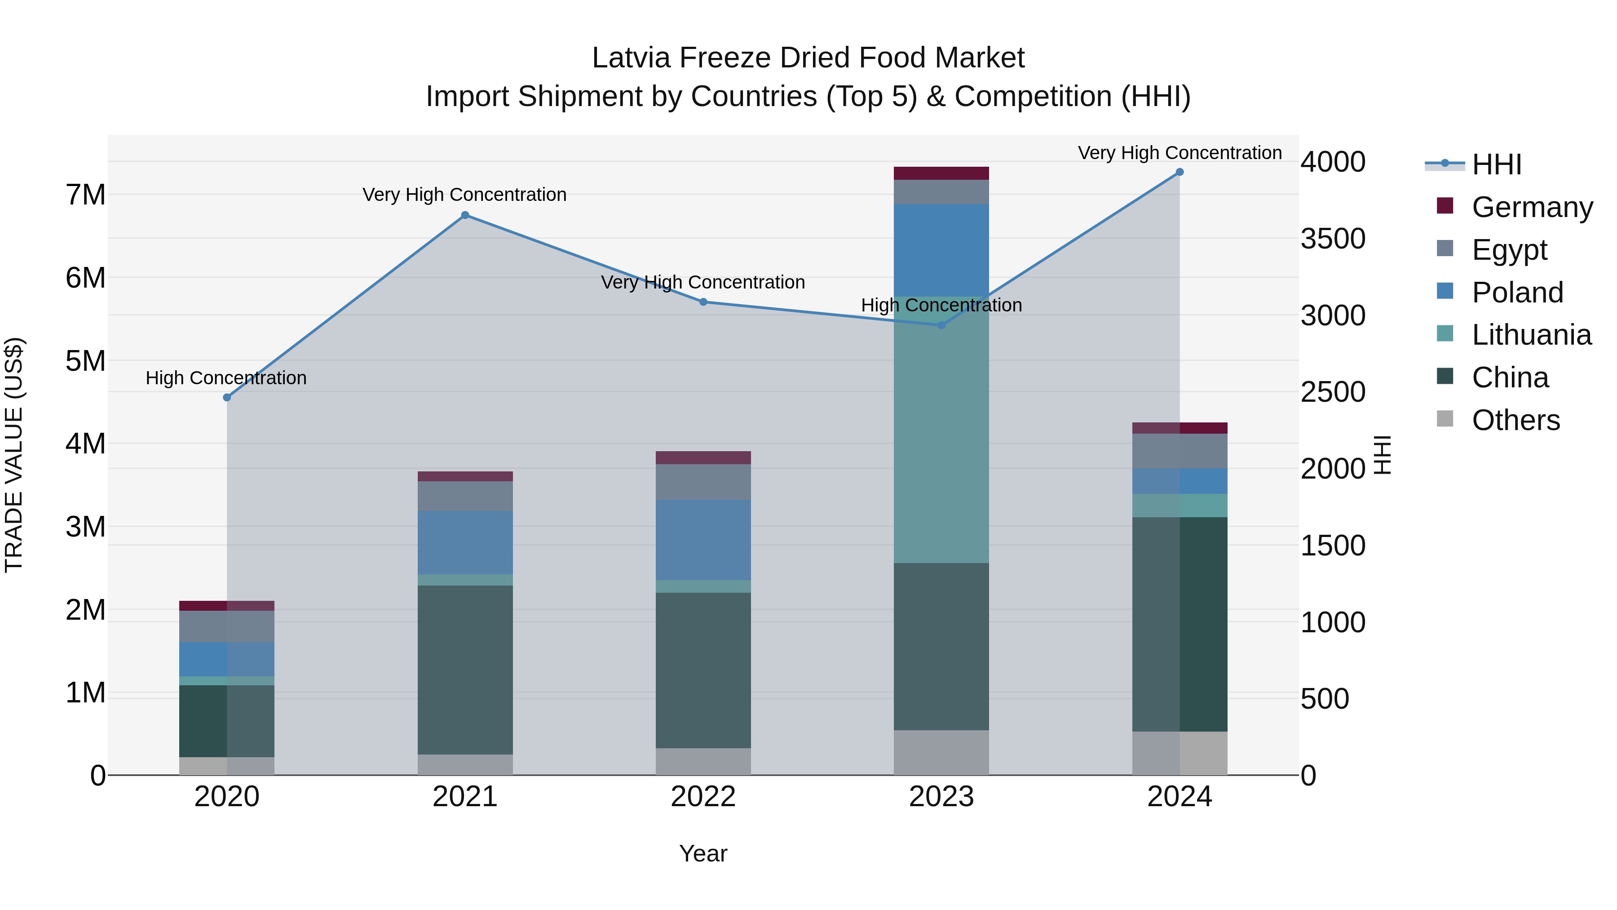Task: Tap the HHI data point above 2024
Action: [x=1180, y=172]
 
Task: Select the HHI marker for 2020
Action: [x=227, y=398]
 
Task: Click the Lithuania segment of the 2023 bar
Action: [x=941, y=430]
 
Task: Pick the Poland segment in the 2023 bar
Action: [x=941, y=250]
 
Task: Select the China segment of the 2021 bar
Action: [x=465, y=670]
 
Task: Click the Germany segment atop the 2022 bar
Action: [x=703, y=457]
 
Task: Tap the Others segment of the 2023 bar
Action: [x=941, y=752]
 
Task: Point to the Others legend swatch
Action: [x=1445, y=419]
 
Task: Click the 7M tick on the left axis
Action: [x=85, y=195]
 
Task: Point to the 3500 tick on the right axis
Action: [x=1333, y=239]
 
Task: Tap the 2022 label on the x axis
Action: [x=703, y=797]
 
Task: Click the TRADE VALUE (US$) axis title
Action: [x=14, y=455]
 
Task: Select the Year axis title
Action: [x=703, y=853]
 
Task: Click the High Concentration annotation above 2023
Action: [x=941, y=305]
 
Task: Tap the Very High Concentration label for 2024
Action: [x=1180, y=153]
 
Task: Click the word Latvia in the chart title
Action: [x=632, y=58]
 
